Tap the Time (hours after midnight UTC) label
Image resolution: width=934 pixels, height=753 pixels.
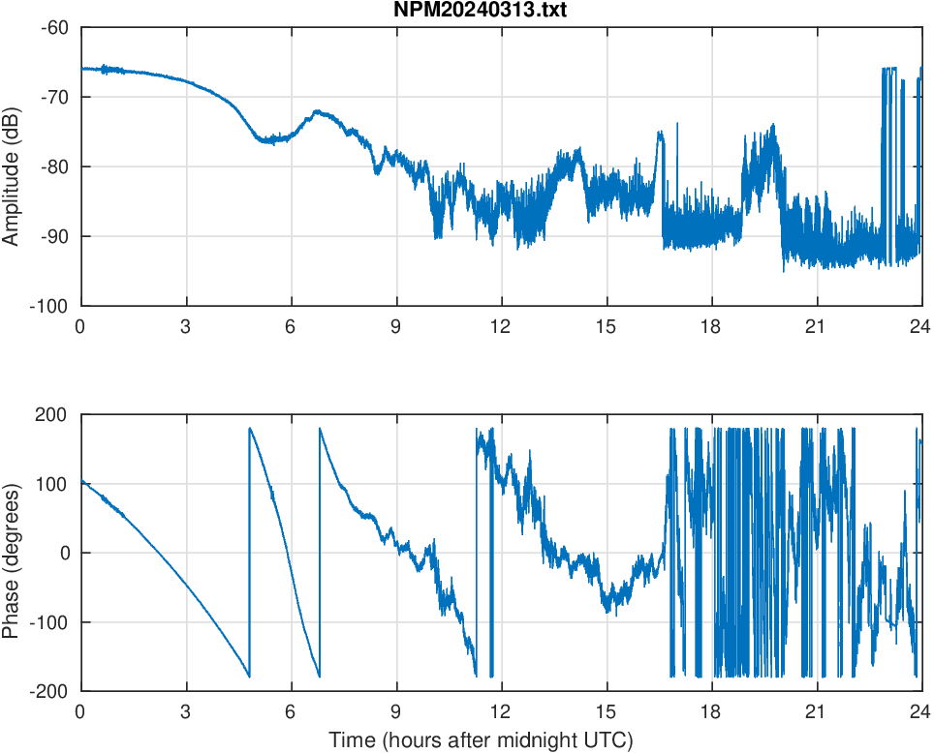click(x=481, y=740)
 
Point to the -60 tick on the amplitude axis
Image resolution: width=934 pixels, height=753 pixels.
click(x=54, y=27)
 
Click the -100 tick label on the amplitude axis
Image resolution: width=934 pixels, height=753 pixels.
click(x=50, y=306)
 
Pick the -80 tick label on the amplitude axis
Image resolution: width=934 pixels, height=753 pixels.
click(x=54, y=166)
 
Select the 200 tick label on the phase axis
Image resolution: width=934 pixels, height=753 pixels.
click(x=53, y=414)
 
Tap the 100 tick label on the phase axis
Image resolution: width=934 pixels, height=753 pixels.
click(x=53, y=484)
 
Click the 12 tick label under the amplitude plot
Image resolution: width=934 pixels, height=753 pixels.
click(x=501, y=325)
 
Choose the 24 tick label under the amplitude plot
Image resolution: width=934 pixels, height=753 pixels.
click(x=920, y=325)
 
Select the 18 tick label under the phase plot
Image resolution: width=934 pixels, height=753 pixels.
click(x=711, y=710)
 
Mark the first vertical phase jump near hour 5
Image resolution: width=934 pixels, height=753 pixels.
click(x=249, y=552)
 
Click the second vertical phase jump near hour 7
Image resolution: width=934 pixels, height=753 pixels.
click(x=319, y=552)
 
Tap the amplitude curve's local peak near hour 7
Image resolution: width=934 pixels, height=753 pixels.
click(x=318, y=112)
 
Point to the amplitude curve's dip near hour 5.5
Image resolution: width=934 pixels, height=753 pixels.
click(x=266, y=140)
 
